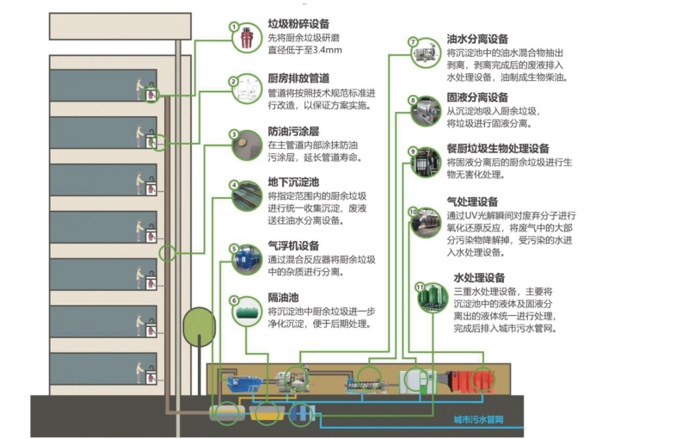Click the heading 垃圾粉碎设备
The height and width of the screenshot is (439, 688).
click(x=298, y=24)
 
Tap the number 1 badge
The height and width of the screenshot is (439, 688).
click(x=233, y=27)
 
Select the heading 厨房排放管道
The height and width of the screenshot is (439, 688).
click(x=298, y=77)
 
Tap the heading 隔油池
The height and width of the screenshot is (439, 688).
click(x=284, y=298)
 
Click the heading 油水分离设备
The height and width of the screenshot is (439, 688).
click(x=477, y=39)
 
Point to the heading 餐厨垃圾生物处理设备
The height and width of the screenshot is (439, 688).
click(x=498, y=148)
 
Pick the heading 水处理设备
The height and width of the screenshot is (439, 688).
click(x=479, y=278)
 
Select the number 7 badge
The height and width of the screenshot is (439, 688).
click(x=413, y=41)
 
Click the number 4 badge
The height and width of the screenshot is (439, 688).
click(x=233, y=185)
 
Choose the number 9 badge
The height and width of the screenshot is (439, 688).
click(x=412, y=151)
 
